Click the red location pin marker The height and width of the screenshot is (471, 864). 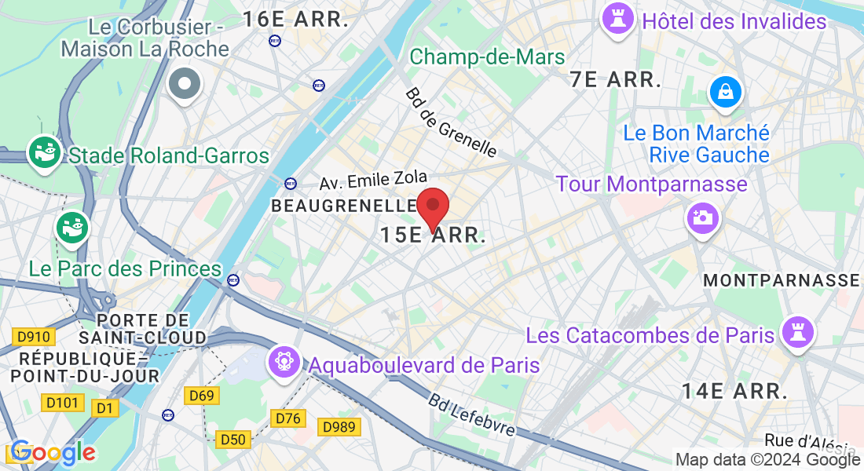click(432, 207)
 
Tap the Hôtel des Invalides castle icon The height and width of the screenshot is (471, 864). click(617, 20)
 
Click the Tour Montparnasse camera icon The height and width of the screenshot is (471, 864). click(701, 217)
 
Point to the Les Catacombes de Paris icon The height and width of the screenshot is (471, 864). click(798, 333)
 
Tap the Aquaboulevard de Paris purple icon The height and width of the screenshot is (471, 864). click(283, 362)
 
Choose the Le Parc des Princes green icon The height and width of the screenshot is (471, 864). click(73, 228)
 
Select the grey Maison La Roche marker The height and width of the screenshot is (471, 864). click(185, 82)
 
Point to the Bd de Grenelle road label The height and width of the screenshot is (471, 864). click(451, 122)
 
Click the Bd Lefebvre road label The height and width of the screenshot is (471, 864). click(471, 414)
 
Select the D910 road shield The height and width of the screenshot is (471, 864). click(33, 338)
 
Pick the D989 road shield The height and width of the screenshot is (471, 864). click(339, 428)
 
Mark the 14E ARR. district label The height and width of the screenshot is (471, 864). click(734, 390)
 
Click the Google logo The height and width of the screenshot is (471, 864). click(52, 453)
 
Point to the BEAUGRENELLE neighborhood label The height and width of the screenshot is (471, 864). click(342, 206)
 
